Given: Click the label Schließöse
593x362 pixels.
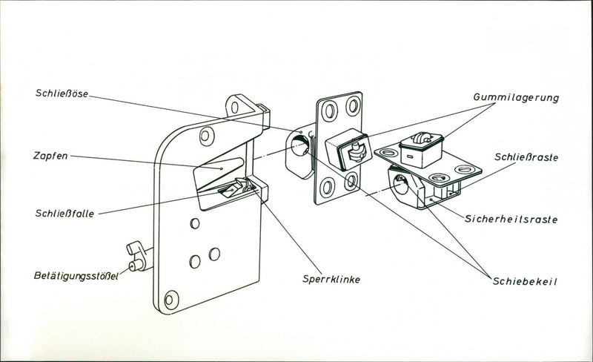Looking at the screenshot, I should coord(62,94).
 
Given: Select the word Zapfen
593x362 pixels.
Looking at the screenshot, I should coord(50,157).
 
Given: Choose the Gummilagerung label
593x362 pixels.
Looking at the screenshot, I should coord(516,97).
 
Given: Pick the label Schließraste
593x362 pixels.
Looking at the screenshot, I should coord(527,157).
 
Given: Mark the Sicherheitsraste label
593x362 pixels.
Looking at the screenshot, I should coord(511,220).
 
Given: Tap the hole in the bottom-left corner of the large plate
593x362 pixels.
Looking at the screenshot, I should coord(171,300).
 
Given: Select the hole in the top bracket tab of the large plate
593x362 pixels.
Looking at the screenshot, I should coord(234,106).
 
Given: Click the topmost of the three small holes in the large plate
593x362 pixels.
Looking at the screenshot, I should coord(194,223).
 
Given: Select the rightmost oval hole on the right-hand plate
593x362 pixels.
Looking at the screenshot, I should coord(464,169).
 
